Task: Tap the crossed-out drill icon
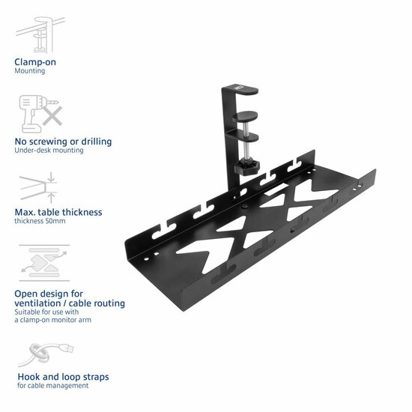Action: [x=40, y=112]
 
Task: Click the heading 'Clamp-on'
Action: [x=35, y=62]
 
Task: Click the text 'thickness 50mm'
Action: [x=41, y=222]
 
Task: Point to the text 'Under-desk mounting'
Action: [x=49, y=150]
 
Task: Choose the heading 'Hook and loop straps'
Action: [x=63, y=377]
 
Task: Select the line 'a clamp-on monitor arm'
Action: [x=53, y=320]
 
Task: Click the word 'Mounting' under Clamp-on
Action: [x=30, y=71]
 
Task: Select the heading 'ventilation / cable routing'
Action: [x=70, y=303]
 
